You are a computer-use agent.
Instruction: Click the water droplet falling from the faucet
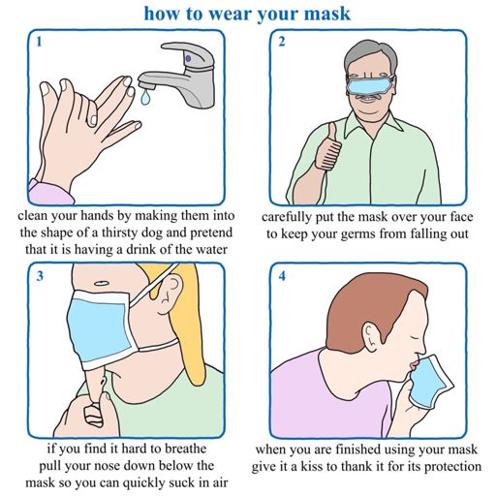tap(145, 97)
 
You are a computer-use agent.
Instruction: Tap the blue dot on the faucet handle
tap(189, 59)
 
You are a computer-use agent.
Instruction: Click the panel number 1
tap(39, 42)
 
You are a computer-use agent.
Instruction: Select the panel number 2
tap(282, 42)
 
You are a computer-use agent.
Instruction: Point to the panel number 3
tap(40, 276)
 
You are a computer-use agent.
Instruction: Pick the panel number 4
tap(282, 276)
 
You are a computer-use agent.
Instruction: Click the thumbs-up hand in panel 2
tap(327, 147)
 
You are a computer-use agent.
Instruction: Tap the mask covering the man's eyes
tap(370, 84)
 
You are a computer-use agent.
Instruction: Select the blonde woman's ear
tap(169, 293)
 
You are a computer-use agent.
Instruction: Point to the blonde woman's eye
tap(101, 284)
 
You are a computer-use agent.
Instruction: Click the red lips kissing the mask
tap(414, 366)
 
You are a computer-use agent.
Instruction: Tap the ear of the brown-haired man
tap(370, 336)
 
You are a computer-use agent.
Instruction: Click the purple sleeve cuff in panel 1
tap(51, 193)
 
